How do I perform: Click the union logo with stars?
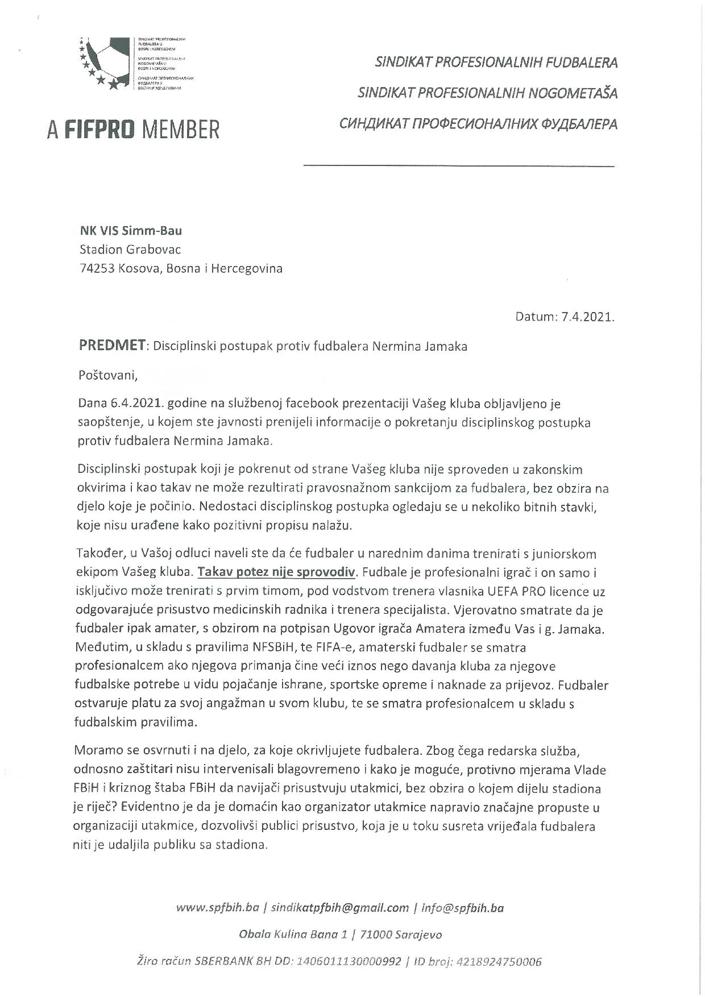click(x=107, y=62)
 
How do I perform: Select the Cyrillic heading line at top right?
click(x=478, y=124)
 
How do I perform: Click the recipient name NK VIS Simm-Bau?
click(x=131, y=231)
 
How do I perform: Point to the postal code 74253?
click(x=97, y=268)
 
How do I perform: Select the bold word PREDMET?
click(x=113, y=346)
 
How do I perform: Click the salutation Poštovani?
click(x=107, y=375)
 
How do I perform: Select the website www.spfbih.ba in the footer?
click(x=218, y=908)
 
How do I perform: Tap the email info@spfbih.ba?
click(x=463, y=908)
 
